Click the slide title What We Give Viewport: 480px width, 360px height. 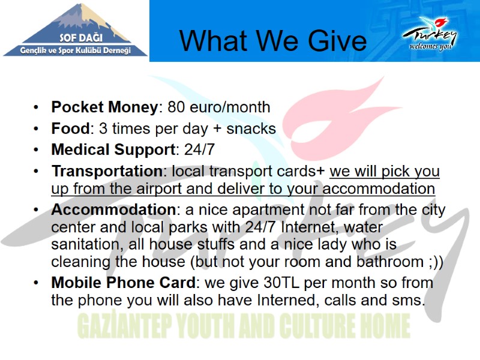[x=273, y=41]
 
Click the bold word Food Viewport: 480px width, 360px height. [x=70, y=128]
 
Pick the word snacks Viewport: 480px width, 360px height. [x=250, y=128]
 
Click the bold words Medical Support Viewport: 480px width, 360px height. [x=113, y=149]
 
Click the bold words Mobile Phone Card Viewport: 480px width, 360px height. [x=122, y=283]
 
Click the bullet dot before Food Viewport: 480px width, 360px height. [x=37, y=129]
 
